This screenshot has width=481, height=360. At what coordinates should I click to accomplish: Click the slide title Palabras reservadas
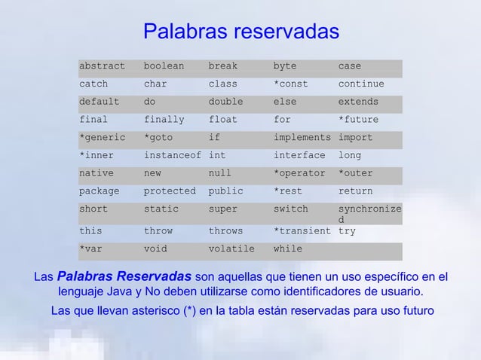(x=240, y=32)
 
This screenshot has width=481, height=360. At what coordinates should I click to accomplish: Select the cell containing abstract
(x=102, y=66)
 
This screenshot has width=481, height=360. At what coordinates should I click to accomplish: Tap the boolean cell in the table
(x=164, y=66)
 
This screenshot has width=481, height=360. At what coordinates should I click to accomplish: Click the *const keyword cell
(x=290, y=84)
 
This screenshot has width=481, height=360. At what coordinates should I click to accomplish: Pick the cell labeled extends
(x=358, y=102)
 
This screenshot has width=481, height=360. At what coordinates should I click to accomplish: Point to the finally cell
(x=164, y=120)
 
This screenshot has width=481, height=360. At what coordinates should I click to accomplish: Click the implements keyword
(x=302, y=138)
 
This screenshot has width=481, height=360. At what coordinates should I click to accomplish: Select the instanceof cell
(x=172, y=156)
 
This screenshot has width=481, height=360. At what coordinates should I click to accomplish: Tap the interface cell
(x=299, y=156)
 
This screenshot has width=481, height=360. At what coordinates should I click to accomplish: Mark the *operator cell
(x=299, y=174)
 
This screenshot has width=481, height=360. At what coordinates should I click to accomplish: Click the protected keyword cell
(x=169, y=191)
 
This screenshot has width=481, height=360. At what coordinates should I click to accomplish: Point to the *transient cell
(x=302, y=231)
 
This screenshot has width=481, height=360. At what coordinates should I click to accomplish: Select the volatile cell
(x=231, y=249)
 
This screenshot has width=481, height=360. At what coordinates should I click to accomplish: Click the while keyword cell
(x=287, y=249)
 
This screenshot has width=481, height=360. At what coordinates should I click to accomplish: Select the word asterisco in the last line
(x=146, y=311)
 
